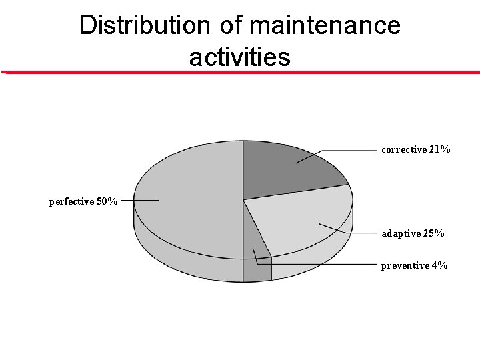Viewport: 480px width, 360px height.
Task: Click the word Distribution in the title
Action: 144,25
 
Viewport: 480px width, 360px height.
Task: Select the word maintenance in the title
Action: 325,25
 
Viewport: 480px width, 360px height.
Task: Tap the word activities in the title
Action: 239,57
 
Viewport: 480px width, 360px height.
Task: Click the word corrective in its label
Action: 403,149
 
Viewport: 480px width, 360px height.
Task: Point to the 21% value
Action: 439,149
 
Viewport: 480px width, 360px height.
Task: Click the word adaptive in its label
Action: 401,233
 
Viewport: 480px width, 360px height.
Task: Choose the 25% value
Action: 434,233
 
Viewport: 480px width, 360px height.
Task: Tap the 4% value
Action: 439,265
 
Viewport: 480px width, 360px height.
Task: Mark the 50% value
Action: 107,201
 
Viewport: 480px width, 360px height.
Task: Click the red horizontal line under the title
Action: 240,72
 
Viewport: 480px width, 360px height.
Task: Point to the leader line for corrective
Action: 347,151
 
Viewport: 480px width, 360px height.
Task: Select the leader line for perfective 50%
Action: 140,199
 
